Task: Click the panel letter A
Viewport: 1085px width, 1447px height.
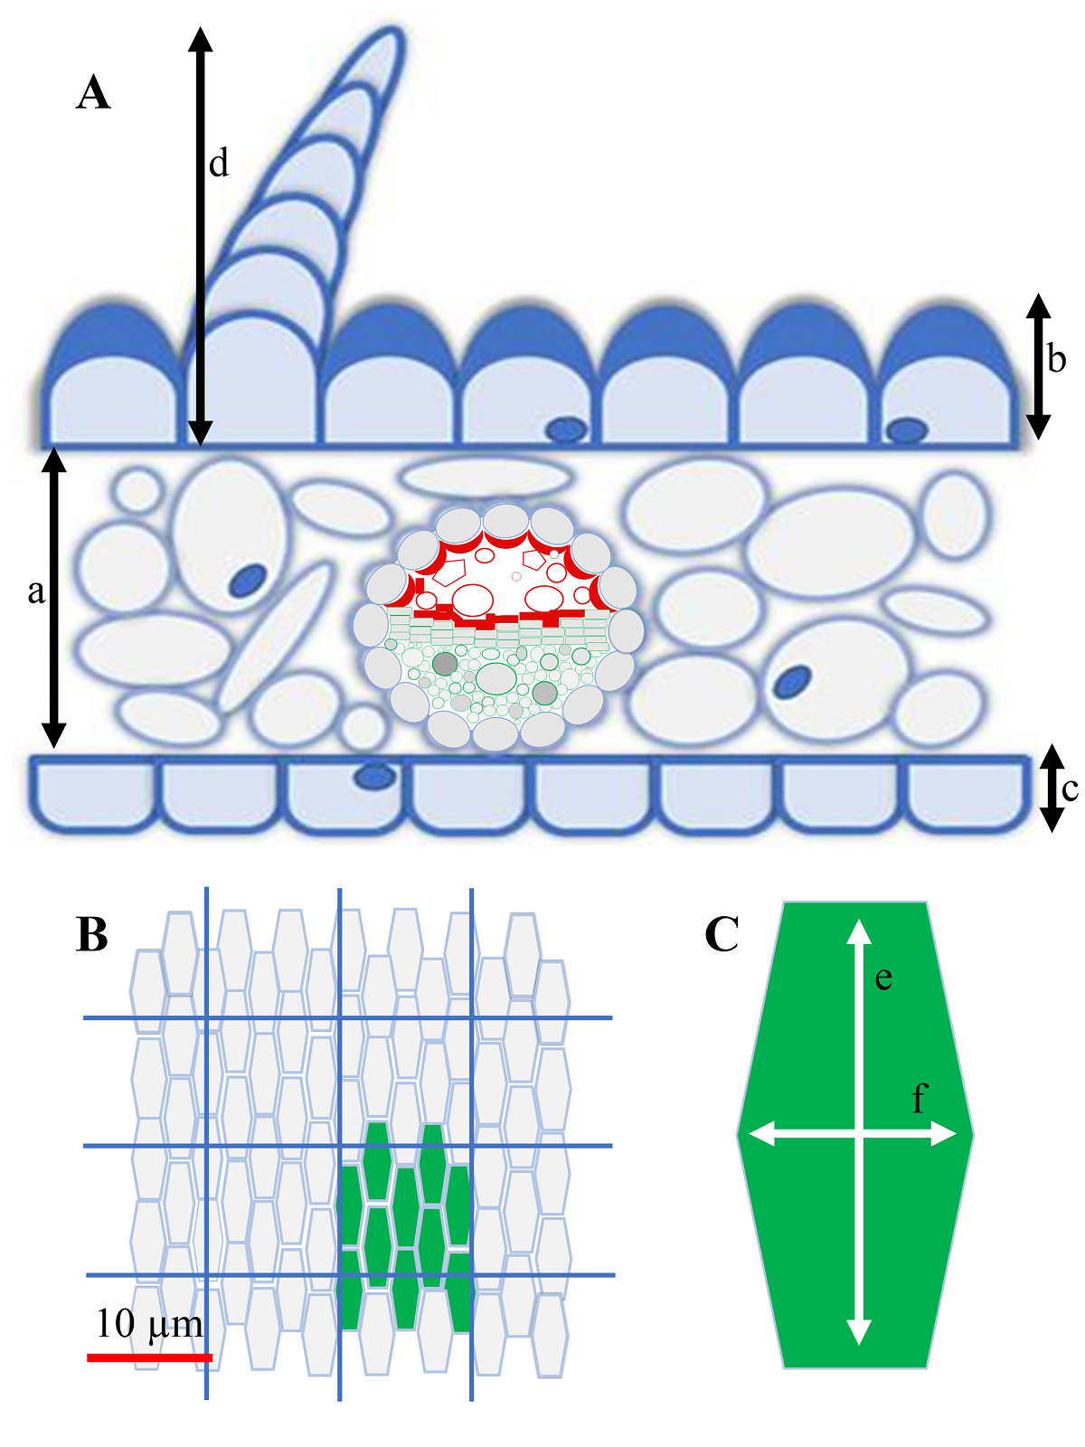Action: click(x=93, y=93)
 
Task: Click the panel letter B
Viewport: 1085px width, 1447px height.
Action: click(x=93, y=934)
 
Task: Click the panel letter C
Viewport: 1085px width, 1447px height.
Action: click(x=722, y=934)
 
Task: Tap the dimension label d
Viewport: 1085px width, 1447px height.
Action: click(x=219, y=165)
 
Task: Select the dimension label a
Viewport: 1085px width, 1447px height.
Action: click(x=36, y=591)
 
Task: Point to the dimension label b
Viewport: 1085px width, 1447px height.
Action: click(x=1056, y=359)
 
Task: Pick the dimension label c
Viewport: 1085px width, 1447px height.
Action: click(x=1070, y=790)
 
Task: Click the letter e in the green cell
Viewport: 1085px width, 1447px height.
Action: click(x=883, y=979)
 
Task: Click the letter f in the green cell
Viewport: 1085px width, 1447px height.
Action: click(x=919, y=1099)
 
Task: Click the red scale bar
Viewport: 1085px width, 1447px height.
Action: click(x=149, y=1357)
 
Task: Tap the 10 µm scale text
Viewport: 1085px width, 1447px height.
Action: click(x=149, y=1324)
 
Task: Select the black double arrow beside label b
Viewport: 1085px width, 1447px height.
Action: click(x=1038, y=366)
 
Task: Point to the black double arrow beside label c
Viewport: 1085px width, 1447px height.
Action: click(x=1051, y=788)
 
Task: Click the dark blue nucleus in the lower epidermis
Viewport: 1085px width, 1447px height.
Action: click(x=373, y=776)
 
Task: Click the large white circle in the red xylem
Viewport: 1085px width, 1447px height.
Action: click(x=472, y=599)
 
